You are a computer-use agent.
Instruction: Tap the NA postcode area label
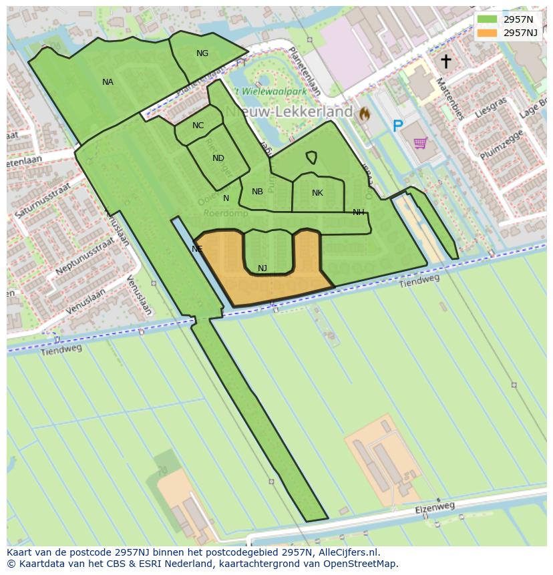click(108, 82)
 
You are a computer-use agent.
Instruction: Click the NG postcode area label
click(202, 53)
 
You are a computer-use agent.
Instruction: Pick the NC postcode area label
click(198, 126)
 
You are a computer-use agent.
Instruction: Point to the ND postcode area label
click(218, 158)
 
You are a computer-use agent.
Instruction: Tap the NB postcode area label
click(257, 192)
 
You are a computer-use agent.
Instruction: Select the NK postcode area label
click(317, 193)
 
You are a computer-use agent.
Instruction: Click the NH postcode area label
click(359, 212)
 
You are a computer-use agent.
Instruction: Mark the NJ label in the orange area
click(262, 268)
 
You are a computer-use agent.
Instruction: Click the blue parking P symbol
click(398, 126)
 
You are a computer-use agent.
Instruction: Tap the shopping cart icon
click(420, 142)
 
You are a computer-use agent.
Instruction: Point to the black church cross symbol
click(445, 61)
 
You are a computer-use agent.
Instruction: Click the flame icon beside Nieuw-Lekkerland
click(364, 114)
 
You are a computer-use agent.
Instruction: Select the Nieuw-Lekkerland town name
click(289, 112)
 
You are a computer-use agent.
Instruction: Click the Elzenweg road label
click(434, 509)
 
